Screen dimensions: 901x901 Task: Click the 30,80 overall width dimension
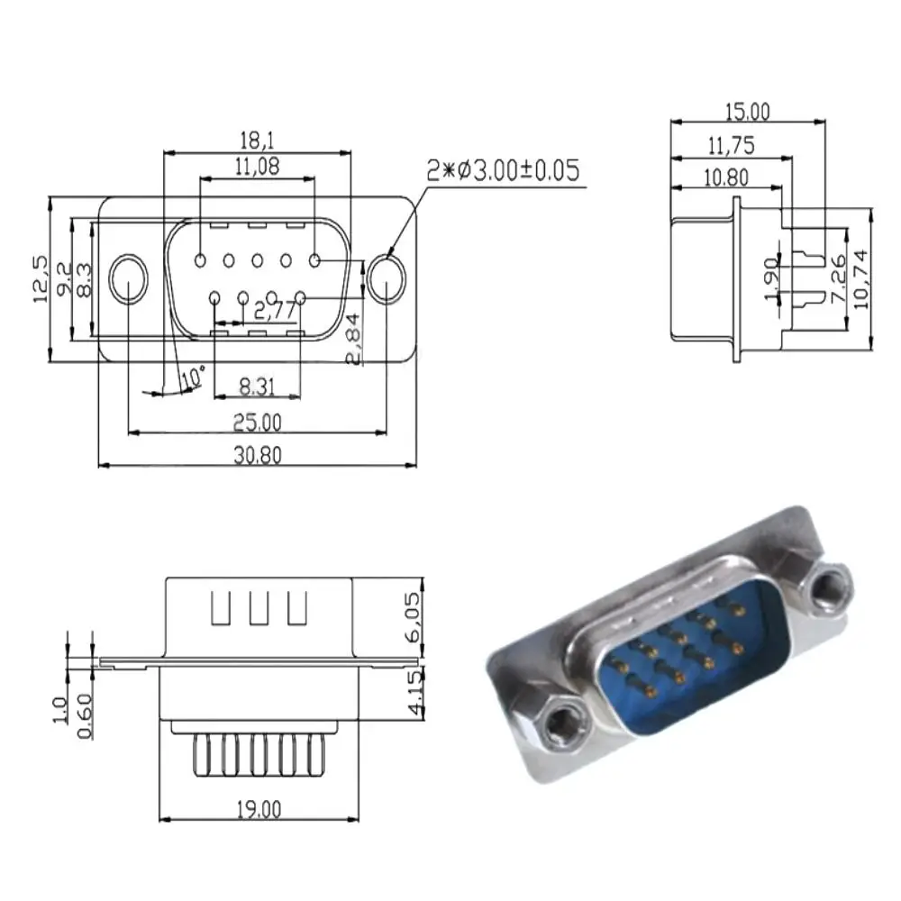coord(259,455)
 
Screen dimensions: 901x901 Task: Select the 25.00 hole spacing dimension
coord(259,422)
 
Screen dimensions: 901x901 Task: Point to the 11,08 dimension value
coord(257,166)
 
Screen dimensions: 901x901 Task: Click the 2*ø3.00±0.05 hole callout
coord(503,171)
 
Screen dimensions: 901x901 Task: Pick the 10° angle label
coord(193,378)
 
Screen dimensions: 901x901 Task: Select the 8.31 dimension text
coord(259,387)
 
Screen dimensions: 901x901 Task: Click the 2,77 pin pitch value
coord(275,313)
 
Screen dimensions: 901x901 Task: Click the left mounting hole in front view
coord(129,279)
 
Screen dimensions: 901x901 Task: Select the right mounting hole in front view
coord(387,279)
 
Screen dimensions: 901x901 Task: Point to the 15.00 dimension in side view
coord(748,112)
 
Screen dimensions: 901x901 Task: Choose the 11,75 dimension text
coord(731,145)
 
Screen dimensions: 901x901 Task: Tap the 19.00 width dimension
coord(259,809)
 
